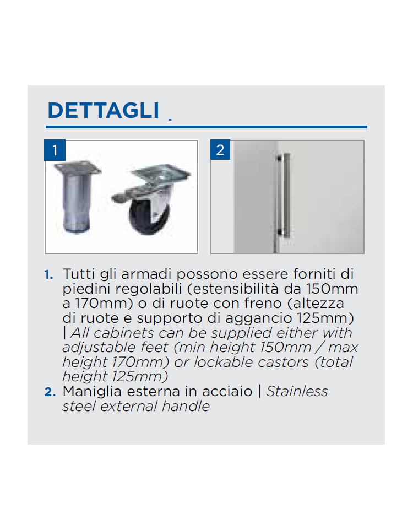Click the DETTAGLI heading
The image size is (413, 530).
point(104,110)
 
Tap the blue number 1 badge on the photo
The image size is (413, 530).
point(55,150)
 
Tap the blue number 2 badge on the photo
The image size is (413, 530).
point(220,149)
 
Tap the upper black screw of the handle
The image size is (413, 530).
point(280,158)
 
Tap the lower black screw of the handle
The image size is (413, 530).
point(280,232)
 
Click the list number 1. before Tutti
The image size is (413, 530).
point(48,274)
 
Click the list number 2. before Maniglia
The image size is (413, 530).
point(50,392)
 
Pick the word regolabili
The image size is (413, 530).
point(148,289)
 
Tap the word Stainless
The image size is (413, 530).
point(297,391)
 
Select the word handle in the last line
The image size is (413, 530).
point(186,406)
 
